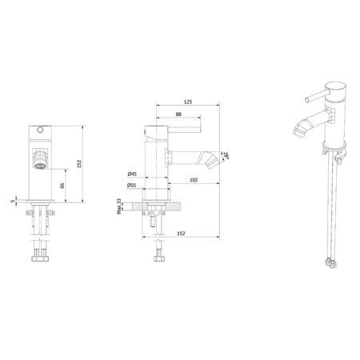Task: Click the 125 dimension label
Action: coord(188,102)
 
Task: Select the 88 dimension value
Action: coord(178,114)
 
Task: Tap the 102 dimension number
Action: coord(194,180)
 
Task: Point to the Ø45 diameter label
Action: coord(132,174)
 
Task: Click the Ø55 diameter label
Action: coord(132,186)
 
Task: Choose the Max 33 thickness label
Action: coord(119,206)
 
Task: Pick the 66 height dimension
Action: coord(62,186)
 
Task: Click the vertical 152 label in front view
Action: coord(78,164)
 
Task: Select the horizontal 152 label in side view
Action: coord(181,234)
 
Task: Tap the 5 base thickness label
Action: coord(13,201)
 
